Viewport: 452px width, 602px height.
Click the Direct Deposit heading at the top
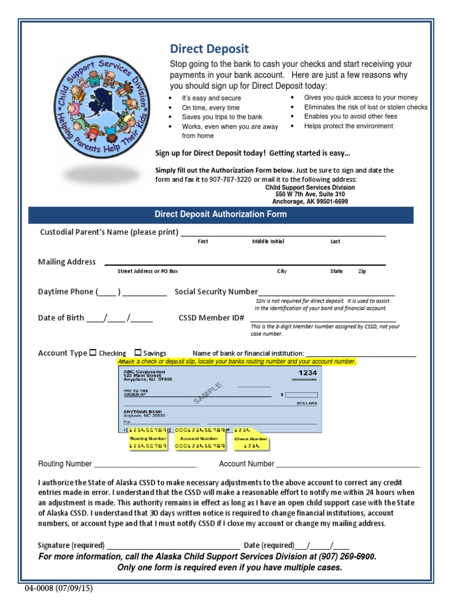(x=209, y=49)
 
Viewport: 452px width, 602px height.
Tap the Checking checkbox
(x=93, y=353)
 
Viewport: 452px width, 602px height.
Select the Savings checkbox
(x=138, y=353)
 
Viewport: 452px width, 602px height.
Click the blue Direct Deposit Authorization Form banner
(x=221, y=215)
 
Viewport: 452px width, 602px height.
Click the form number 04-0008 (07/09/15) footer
(x=59, y=588)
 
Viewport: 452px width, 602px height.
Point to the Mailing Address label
(x=67, y=262)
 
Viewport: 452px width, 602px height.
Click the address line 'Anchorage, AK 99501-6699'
(x=310, y=201)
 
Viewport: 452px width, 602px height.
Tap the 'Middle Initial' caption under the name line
(x=268, y=242)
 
